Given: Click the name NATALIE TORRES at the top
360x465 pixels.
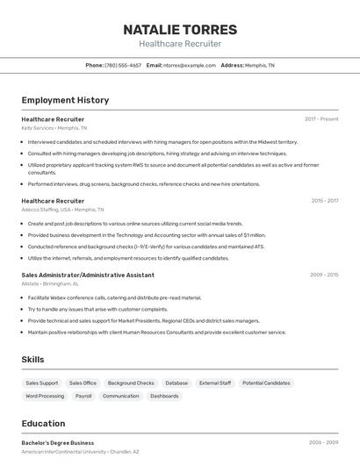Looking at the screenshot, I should [x=180, y=29].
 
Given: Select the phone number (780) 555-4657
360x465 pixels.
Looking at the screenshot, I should [x=123, y=65].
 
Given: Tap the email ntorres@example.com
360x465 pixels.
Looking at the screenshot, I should [x=189, y=65].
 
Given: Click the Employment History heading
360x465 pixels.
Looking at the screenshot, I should [x=65, y=100].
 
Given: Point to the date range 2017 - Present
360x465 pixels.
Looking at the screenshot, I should [x=321, y=119].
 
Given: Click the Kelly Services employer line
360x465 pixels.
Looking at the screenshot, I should [x=54, y=128].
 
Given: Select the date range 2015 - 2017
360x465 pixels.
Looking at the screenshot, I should [x=324, y=201].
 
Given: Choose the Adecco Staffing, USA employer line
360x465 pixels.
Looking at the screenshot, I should [x=62, y=211].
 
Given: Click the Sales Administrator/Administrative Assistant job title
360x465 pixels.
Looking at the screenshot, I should [x=88, y=275].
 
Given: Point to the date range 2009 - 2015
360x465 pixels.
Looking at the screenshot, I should [x=324, y=275].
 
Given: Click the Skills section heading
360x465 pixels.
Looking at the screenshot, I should [x=32, y=360].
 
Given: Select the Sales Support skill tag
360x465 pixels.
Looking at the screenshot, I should [x=42, y=383].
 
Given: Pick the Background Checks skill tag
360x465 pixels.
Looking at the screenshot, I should [x=131, y=383].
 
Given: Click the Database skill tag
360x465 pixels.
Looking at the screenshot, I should [x=176, y=383].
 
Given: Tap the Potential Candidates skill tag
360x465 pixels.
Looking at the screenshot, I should [x=266, y=383].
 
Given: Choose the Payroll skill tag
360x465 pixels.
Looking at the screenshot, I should [x=83, y=397].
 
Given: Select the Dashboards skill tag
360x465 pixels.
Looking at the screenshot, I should [x=164, y=397].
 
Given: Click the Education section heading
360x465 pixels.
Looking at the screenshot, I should [x=43, y=423].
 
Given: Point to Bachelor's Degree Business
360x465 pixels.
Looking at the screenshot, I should [x=58, y=443].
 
